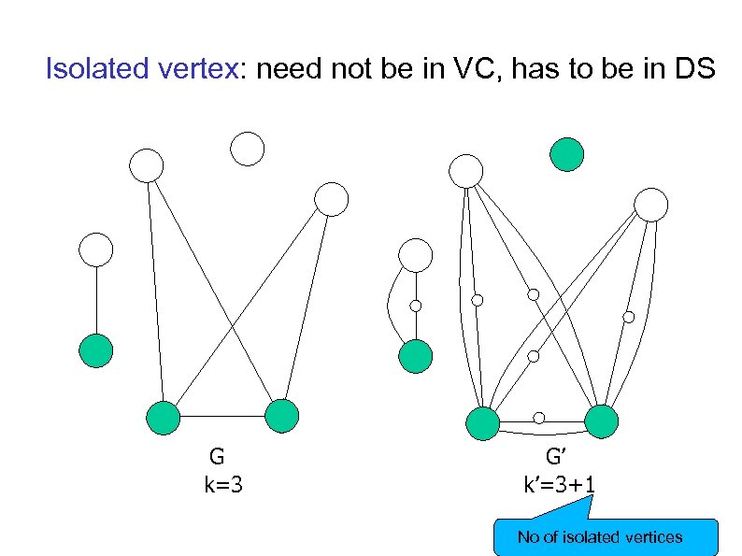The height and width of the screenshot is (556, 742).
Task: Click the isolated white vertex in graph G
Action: click(248, 149)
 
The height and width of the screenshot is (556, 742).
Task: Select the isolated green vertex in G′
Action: click(566, 154)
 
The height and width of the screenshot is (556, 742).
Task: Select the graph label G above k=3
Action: click(217, 457)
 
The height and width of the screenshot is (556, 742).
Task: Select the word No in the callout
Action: click(529, 537)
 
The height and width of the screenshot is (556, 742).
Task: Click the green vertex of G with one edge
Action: click(95, 350)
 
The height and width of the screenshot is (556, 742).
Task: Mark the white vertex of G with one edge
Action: click(95, 249)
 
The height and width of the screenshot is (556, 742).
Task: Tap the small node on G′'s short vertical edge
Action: click(415, 306)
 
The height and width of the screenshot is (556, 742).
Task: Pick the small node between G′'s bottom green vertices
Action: click(539, 418)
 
